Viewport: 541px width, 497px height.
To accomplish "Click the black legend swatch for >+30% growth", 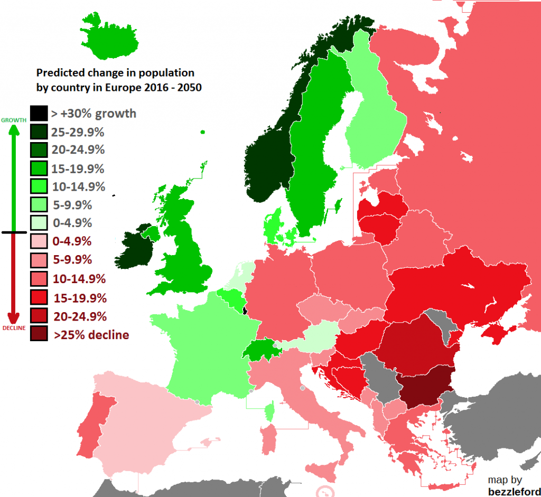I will (38, 113).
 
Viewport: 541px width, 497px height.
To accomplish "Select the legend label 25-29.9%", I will (78, 132).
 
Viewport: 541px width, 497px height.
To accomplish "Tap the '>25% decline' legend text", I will (91, 335).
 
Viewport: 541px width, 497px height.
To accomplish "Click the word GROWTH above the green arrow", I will (14, 120).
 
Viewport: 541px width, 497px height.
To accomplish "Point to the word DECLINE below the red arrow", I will (14, 328).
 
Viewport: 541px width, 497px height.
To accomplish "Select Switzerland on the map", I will (259, 350).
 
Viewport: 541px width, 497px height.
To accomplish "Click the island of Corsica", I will (269, 411).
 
